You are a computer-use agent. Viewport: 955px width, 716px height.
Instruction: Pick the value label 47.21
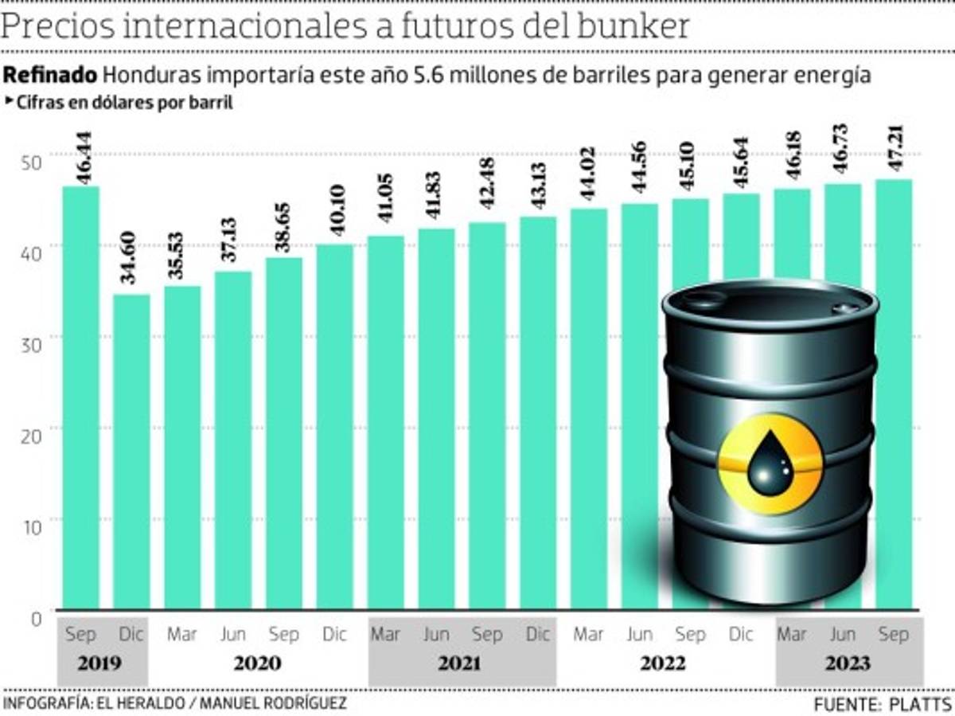click(x=894, y=155)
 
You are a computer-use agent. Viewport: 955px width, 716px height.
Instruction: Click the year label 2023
click(x=849, y=663)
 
